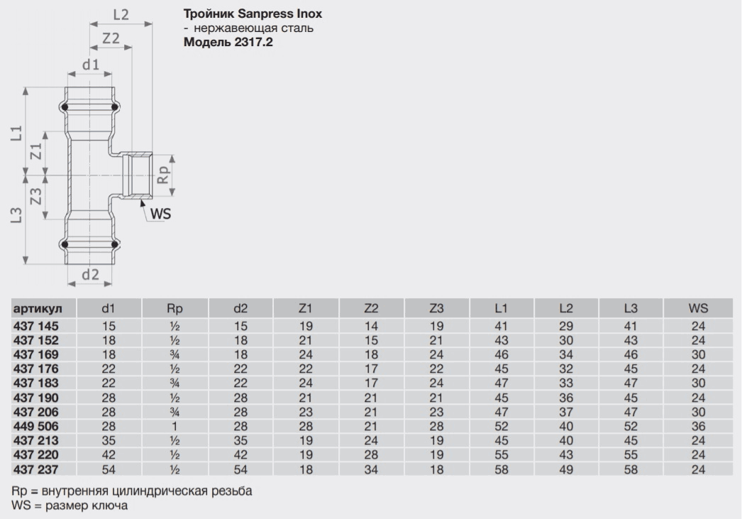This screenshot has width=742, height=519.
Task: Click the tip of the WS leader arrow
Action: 141,200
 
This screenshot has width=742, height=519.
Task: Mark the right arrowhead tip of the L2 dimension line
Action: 153,23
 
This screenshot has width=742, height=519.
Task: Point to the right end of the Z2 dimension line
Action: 132,47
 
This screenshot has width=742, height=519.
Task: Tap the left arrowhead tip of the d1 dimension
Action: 67,74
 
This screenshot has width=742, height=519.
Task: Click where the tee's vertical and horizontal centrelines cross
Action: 90,175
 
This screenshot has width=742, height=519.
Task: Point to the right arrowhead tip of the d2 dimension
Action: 112,283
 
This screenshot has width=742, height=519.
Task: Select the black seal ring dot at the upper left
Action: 65,107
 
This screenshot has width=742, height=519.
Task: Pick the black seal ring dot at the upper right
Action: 114,107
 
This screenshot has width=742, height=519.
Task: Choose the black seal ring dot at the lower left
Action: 65,244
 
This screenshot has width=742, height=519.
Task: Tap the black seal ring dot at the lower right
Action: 114,244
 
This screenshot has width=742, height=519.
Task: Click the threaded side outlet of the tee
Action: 135,175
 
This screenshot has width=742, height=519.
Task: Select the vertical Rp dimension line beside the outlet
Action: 172,175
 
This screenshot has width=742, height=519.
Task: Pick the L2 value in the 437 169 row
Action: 566,355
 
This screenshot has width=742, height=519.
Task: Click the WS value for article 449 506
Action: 698,426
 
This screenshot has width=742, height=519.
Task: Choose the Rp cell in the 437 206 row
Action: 175,412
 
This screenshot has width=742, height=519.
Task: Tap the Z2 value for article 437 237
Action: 371,469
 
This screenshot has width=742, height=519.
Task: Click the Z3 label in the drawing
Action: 36,197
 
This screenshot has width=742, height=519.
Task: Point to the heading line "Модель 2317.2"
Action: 228,42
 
